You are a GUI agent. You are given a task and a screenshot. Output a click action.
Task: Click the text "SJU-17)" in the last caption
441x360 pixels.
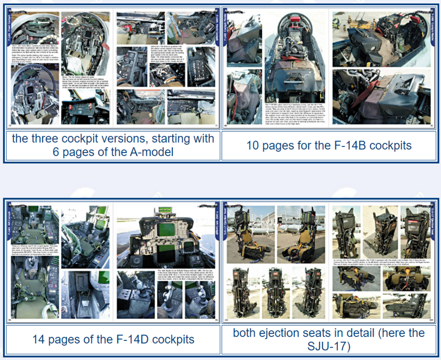[330, 346]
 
